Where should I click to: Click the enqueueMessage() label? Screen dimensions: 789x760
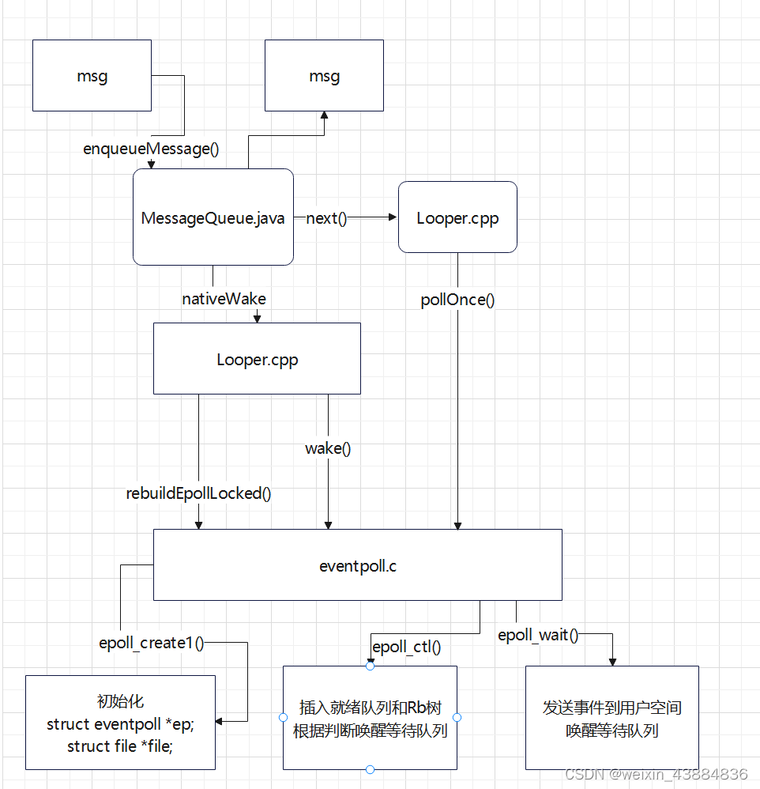coord(151,148)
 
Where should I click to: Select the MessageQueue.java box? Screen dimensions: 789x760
coord(213,217)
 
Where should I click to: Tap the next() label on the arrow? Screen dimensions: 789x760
coord(326,218)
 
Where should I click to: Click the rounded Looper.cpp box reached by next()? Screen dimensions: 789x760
coord(457,217)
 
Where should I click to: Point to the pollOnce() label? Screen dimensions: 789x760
coord(457,300)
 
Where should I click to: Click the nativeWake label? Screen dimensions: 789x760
coord(224,299)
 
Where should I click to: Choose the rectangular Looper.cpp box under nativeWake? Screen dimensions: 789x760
coord(257,359)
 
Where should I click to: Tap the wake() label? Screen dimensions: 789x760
coord(328,448)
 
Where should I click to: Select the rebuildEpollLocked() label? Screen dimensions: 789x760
coord(198,493)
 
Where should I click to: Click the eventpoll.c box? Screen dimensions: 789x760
coord(357,565)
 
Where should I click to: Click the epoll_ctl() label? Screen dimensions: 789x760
coord(406,647)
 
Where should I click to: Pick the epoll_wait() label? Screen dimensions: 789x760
coord(538,635)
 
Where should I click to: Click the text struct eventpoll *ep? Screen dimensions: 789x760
coord(120,724)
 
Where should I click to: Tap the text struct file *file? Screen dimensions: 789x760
coord(120,746)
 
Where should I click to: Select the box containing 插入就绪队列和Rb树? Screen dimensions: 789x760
coord(370,717)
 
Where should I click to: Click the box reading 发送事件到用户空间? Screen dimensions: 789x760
coord(611,717)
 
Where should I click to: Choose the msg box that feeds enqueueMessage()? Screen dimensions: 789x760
coord(92,77)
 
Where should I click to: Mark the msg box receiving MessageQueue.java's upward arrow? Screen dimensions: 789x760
coord(324,77)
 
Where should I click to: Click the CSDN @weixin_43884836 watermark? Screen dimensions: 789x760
coord(657,774)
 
